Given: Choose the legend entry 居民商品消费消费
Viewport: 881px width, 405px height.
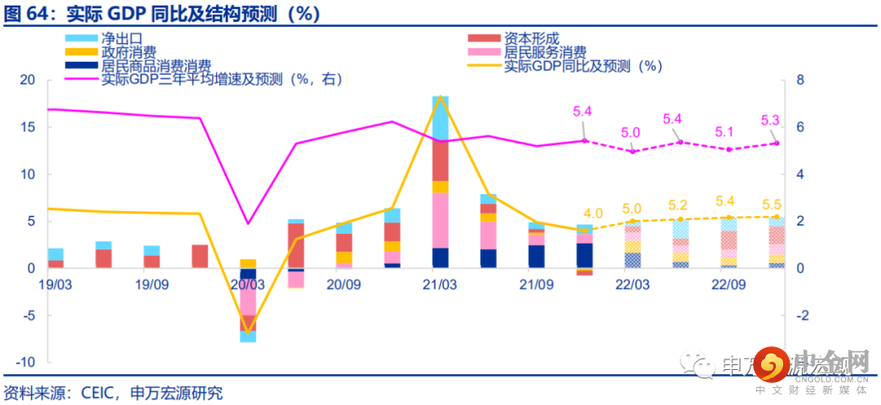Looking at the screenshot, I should click(x=155, y=67).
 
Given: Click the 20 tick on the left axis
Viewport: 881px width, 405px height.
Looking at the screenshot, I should click(x=28, y=80).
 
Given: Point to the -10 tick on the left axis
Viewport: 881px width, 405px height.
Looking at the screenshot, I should click(x=25, y=362).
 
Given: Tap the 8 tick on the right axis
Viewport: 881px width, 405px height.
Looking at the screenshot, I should click(x=800, y=80).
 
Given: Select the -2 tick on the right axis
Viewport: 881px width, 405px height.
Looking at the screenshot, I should click(x=802, y=315).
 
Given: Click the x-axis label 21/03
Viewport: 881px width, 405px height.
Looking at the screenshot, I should click(x=440, y=284).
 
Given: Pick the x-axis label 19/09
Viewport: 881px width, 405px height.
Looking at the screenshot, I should click(x=152, y=284).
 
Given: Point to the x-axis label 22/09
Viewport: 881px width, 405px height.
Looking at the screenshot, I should click(x=728, y=284).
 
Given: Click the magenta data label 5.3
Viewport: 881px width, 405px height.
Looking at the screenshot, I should click(x=770, y=121).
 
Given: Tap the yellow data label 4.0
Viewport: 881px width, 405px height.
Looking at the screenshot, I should click(x=593, y=214).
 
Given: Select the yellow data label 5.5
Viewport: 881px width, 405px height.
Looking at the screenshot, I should click(x=770, y=202).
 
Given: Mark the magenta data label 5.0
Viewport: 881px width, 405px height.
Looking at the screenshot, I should click(x=631, y=133).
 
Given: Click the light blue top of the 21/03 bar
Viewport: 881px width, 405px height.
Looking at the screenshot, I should click(x=440, y=118).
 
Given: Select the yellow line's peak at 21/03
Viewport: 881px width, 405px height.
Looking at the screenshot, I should click(x=440, y=96).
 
